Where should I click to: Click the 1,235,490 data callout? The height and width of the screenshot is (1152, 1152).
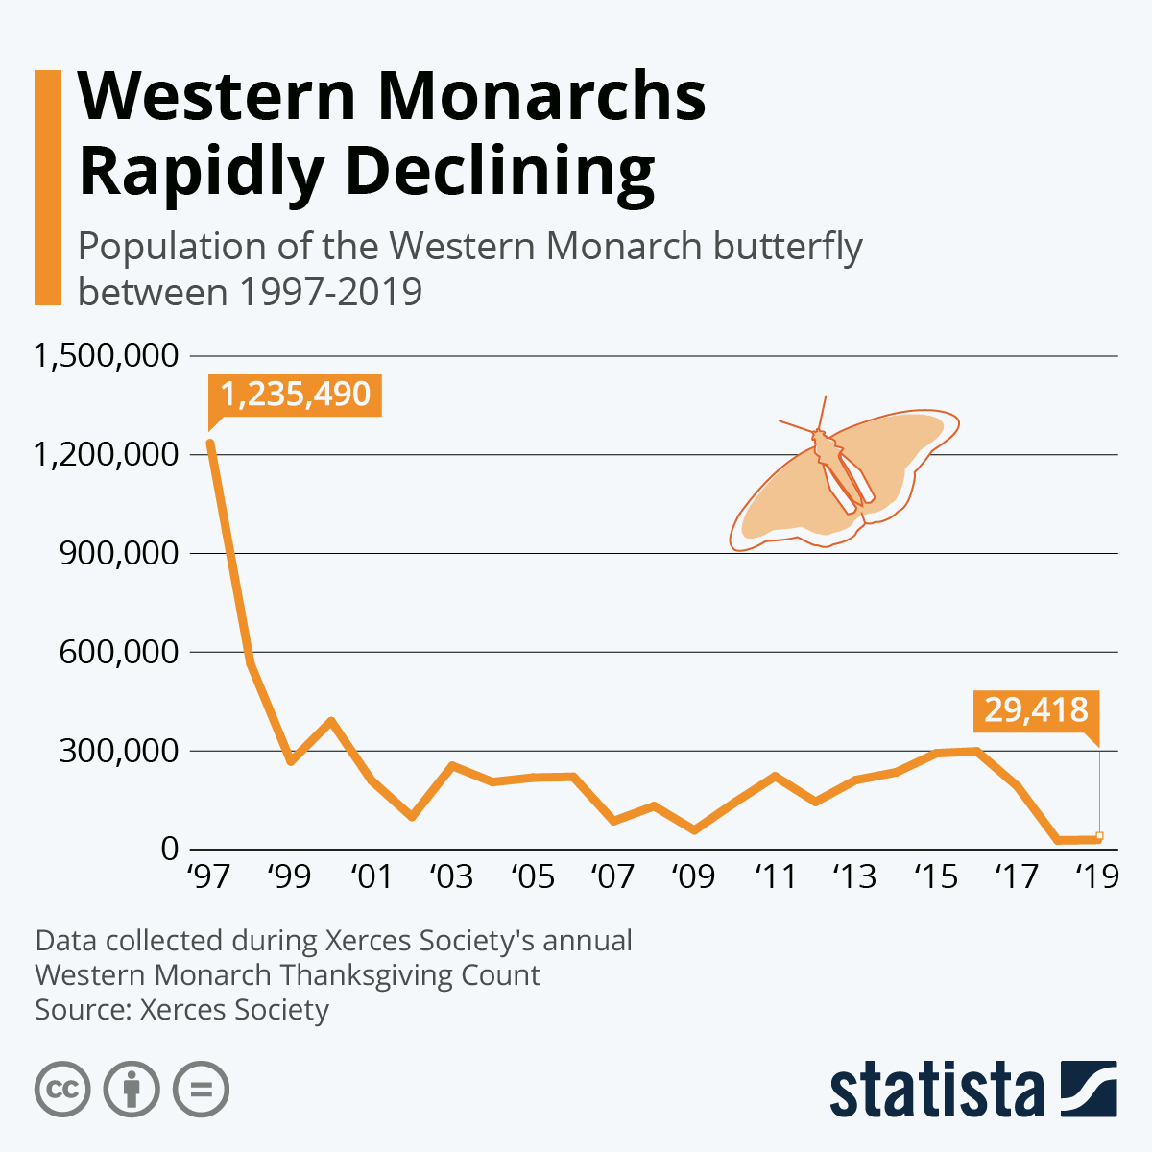(295, 395)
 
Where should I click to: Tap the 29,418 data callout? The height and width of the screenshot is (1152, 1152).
(1037, 710)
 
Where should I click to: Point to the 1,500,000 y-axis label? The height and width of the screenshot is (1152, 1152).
(107, 355)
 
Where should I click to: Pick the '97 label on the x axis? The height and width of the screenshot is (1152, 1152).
(208, 876)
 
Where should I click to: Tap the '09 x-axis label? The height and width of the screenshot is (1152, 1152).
(693, 876)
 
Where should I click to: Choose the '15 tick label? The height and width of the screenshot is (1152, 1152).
(936, 876)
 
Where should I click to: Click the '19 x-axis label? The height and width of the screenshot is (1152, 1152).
(1096, 876)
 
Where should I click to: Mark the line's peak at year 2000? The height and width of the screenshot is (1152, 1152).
(330, 720)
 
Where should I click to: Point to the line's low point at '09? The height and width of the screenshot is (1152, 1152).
(694, 830)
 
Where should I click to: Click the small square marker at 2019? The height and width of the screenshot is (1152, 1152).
(1099, 835)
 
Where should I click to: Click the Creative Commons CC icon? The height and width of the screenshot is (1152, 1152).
(62, 1090)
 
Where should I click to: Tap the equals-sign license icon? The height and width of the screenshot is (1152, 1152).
(201, 1090)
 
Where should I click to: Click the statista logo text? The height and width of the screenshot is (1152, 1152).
(936, 1090)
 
